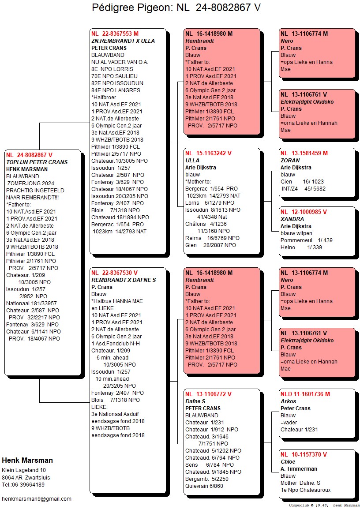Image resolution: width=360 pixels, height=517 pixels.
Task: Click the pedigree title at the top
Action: tap(176, 7)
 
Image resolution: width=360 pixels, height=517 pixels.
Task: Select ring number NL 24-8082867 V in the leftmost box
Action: tap(30, 155)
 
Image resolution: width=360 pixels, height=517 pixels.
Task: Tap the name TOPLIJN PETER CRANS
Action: tap(37, 162)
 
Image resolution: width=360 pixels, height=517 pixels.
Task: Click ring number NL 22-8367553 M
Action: tap(115, 34)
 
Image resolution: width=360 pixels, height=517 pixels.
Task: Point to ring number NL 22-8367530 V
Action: tap(114, 273)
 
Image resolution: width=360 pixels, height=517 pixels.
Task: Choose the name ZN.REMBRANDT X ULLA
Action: tap(123, 41)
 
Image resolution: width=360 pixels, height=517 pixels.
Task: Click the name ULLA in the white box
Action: tap(192, 160)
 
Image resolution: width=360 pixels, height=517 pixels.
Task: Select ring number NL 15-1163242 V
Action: tap(208, 153)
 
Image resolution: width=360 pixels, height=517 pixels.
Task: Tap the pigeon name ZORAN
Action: tap(290, 160)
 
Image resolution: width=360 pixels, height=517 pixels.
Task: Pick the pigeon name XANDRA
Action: tap(292, 219)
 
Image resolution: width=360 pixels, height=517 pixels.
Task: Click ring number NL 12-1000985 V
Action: tap(304, 212)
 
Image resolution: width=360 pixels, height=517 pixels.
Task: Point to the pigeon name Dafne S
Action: tap(195, 401)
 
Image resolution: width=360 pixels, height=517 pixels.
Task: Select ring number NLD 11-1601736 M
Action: tap(305, 394)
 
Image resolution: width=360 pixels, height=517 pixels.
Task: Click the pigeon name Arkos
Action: tap(289, 401)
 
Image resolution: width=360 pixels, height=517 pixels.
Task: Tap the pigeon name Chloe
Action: tap(288, 461)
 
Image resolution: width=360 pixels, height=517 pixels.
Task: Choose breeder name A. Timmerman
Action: tap(299, 468)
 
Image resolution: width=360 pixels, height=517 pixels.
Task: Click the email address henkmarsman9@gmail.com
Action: tap(37, 498)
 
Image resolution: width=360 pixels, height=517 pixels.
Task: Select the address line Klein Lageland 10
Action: tap(24, 470)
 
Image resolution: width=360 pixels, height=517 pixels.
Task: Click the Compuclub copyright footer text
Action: tap(324, 505)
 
